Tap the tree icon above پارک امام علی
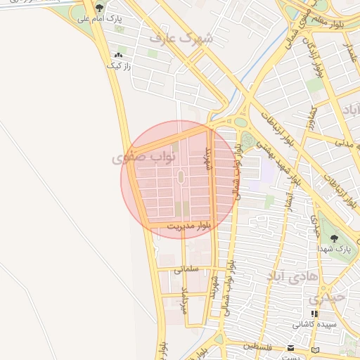pyautogui.click(x=99, y=9)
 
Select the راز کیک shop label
pyautogui.click(x=118, y=65)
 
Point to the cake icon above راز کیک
pyautogui.click(x=118, y=55)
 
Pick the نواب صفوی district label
pyautogui.click(x=137, y=158)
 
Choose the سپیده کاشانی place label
pyautogui.click(x=315, y=325)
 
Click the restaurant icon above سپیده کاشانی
pyautogui.click(x=314, y=314)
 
